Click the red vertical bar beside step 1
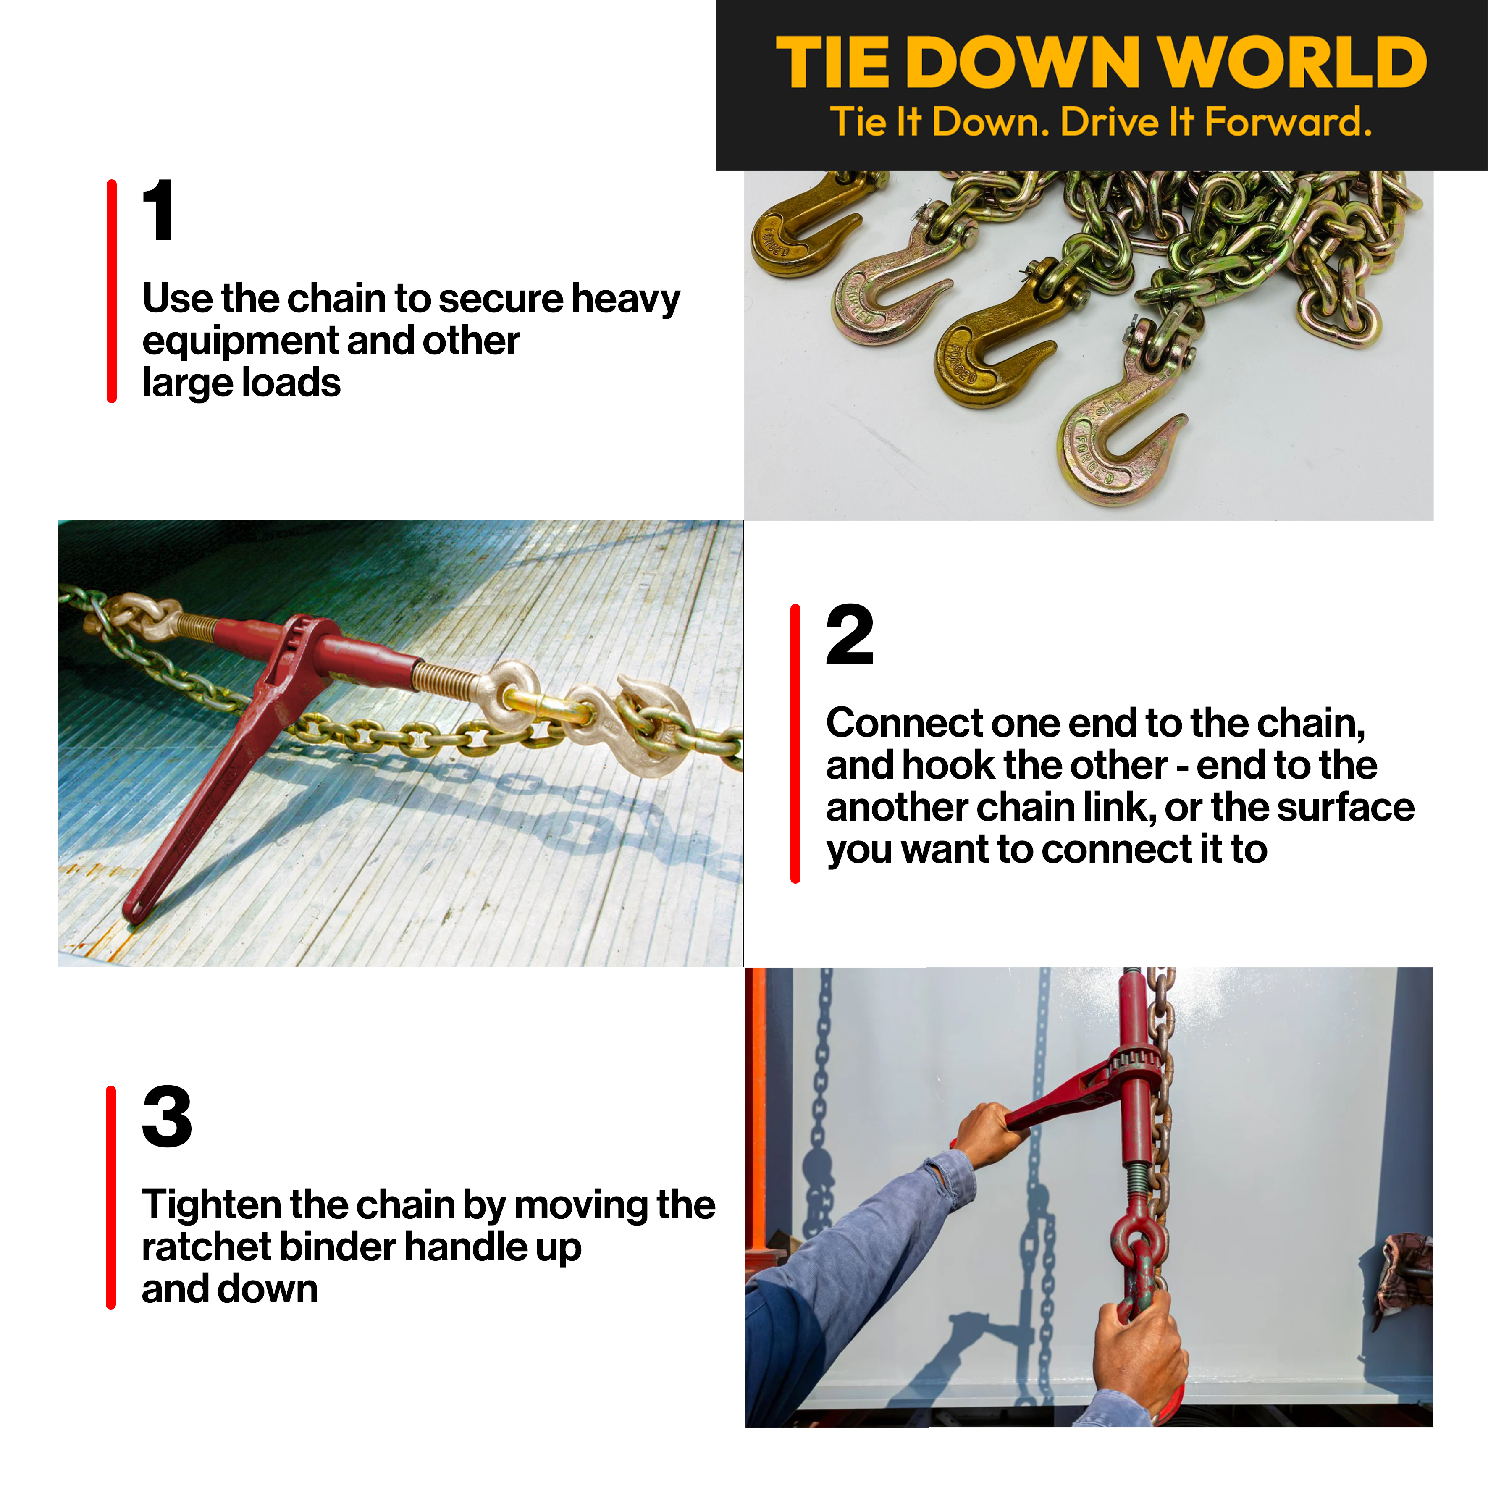click(x=112, y=291)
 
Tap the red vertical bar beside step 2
click(x=795, y=743)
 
